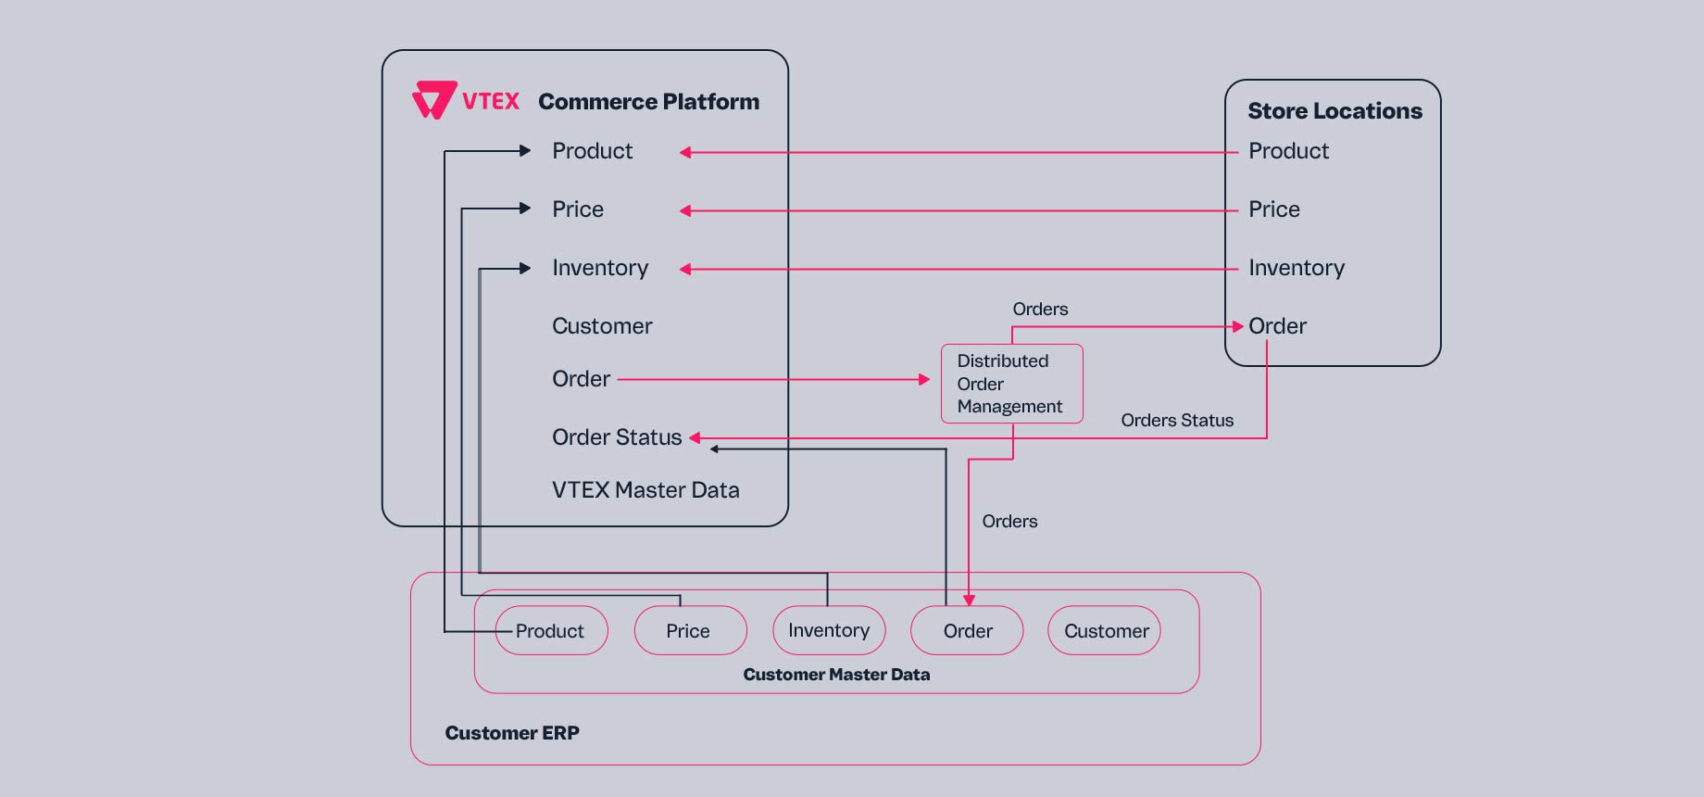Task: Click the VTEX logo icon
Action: coord(433,100)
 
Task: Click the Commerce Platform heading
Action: coord(648,101)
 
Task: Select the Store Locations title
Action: coord(1334,111)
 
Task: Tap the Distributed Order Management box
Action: coord(1011,384)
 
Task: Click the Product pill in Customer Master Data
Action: coord(551,631)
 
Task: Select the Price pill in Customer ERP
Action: coord(689,631)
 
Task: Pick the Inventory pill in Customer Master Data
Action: coord(829,631)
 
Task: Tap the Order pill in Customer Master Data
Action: coord(967,631)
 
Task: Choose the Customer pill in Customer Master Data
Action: coord(1105,631)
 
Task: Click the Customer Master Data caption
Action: coord(836,675)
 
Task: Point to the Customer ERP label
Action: coord(512,733)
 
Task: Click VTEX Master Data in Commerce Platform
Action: coord(645,490)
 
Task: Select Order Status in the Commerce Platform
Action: coord(617,437)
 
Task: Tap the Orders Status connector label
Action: coord(1177,421)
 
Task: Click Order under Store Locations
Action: coord(1277,326)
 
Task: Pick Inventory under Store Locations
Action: coord(1296,268)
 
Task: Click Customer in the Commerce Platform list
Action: coord(602,326)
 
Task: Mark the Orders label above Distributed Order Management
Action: coord(1040,310)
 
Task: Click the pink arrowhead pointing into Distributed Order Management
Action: coord(923,379)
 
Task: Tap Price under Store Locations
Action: coord(1273,209)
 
